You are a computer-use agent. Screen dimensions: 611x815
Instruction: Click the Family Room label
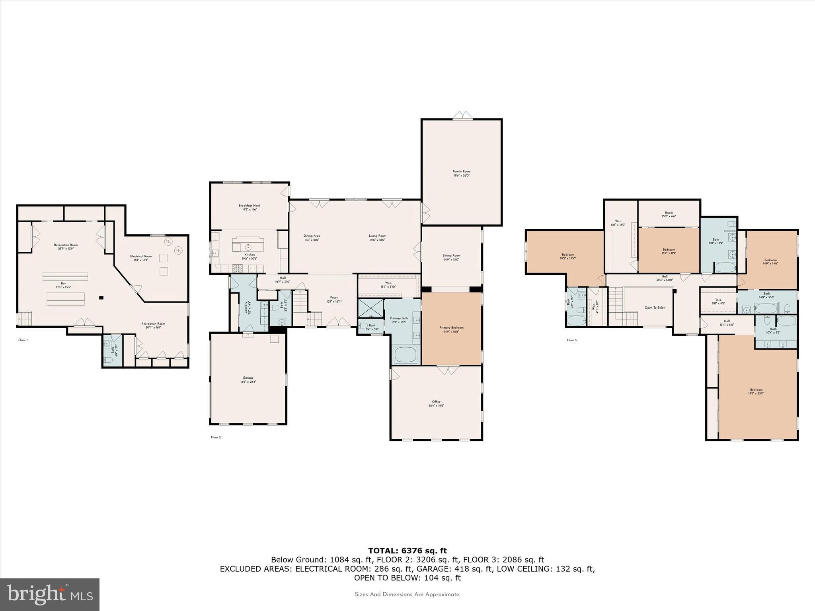(x=462, y=173)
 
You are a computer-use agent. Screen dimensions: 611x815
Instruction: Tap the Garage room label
(x=248, y=380)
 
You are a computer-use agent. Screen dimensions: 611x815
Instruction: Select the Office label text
(x=436, y=403)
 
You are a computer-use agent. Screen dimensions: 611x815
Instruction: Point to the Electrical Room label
(x=141, y=258)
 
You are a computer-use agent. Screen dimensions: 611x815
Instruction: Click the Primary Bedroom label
(x=451, y=329)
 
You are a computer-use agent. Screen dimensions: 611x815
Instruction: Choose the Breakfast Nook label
(x=250, y=207)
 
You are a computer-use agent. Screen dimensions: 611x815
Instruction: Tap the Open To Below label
(x=655, y=307)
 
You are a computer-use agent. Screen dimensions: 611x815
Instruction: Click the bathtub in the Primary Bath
(x=405, y=354)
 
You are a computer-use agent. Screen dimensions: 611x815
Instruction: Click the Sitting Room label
(x=451, y=257)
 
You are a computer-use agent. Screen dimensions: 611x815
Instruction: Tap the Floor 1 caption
(x=23, y=340)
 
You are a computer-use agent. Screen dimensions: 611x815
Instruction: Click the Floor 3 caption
(x=571, y=340)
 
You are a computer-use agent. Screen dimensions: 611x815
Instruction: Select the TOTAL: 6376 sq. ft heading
(x=407, y=551)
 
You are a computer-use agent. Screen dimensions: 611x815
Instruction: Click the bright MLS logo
(x=50, y=594)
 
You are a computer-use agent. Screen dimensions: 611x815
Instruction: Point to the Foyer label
(x=333, y=299)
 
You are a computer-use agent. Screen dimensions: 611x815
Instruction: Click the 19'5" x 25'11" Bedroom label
(x=756, y=391)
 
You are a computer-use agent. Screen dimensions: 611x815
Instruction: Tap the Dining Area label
(x=312, y=237)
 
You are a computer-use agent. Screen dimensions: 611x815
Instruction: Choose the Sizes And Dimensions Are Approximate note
(x=407, y=594)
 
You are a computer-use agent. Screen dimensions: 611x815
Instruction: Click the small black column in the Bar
(x=101, y=298)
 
